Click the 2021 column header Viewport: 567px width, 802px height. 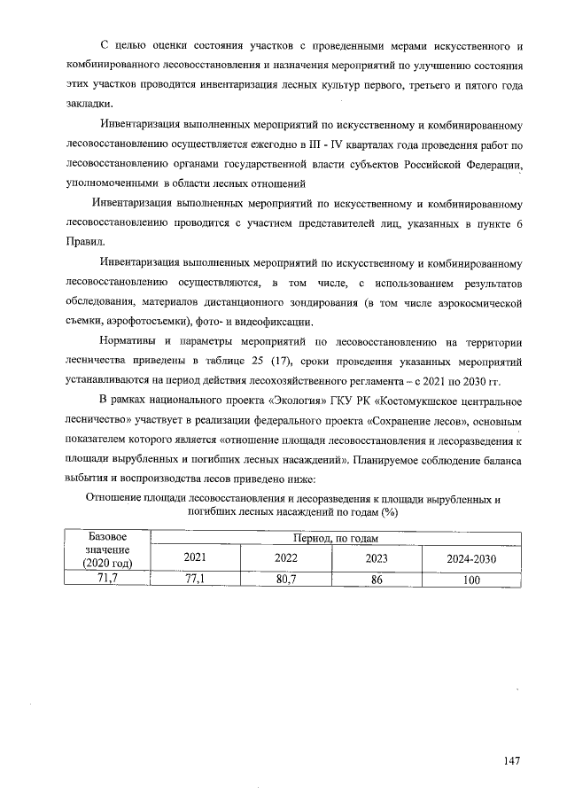click(x=193, y=558)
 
